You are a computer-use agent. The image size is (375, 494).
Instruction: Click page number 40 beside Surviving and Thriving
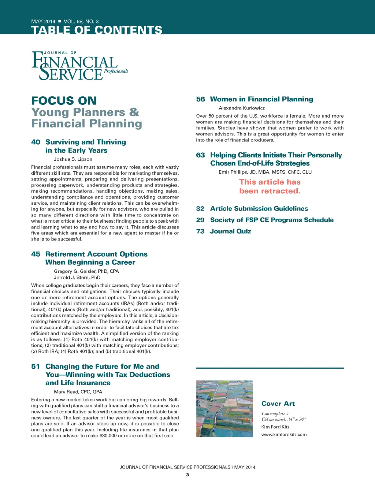(36, 142)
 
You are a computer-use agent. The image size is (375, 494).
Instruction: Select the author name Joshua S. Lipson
(73, 159)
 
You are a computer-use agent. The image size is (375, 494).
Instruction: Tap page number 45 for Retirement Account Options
(36, 254)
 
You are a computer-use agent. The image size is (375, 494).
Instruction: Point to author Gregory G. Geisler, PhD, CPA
(86, 271)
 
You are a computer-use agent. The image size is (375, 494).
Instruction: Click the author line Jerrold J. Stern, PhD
(77, 278)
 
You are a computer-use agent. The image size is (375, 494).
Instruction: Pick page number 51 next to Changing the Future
(36, 367)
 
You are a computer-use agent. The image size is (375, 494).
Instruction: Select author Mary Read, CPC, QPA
(78, 392)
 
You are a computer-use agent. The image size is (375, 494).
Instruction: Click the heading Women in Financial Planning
(261, 99)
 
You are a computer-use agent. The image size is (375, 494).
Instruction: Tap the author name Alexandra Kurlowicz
(242, 108)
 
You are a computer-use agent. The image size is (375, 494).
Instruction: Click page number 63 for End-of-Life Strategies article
(200, 155)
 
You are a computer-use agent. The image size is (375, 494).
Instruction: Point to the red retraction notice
(270, 186)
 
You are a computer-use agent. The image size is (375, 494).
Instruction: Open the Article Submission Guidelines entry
(259, 209)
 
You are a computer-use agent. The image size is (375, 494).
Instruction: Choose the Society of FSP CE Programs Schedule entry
(272, 220)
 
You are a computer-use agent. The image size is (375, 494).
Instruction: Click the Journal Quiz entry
(230, 231)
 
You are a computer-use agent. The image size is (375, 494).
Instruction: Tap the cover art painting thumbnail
(224, 408)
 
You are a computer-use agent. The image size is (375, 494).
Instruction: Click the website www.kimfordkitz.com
(284, 435)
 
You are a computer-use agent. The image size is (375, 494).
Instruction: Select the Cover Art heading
(278, 404)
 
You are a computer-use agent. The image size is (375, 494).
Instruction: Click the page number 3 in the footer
(187, 475)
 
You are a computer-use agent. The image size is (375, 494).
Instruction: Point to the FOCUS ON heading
(64, 101)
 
